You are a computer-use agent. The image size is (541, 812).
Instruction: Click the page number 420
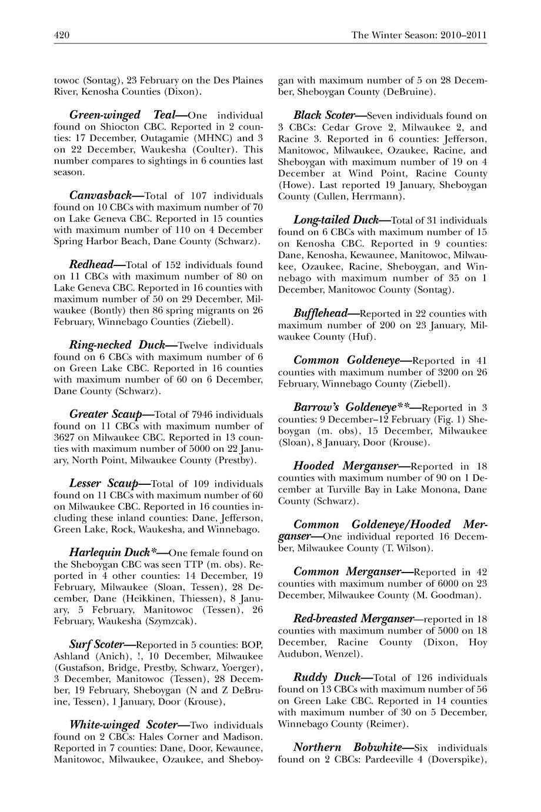click(62, 35)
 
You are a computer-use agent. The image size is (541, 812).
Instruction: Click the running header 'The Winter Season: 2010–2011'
click(419, 35)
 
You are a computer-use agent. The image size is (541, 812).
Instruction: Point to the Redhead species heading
click(91, 265)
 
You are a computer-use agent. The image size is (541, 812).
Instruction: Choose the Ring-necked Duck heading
click(116, 345)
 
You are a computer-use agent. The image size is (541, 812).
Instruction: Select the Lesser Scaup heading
click(103, 484)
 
